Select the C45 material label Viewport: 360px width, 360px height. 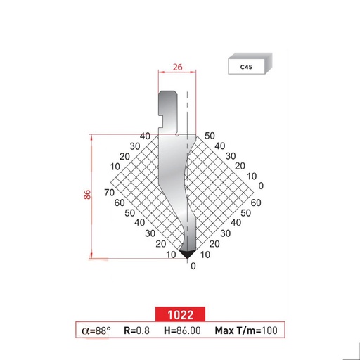[x=246, y=68]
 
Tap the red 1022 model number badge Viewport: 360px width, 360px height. [x=180, y=314]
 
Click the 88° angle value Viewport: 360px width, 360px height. [x=101, y=330]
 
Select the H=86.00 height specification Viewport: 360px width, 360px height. [x=182, y=330]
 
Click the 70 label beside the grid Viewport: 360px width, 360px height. [x=109, y=192]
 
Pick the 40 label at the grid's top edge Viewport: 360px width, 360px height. [x=146, y=136]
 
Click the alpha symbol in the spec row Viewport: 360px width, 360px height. [x=85, y=330]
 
